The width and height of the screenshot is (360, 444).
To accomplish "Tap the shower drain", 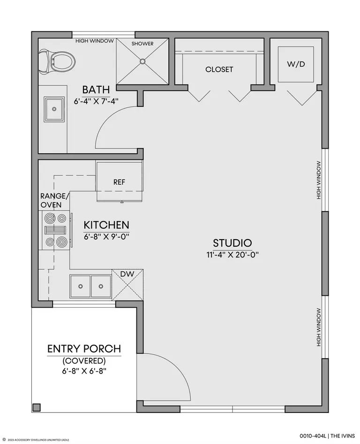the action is coord(142,61).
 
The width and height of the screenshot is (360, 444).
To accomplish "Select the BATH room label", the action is coord(96,90).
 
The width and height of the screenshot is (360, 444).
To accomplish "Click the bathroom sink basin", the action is coord(54,109).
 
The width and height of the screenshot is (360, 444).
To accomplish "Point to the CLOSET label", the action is coord(219,69).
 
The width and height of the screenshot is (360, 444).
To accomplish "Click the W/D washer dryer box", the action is coord(296,64).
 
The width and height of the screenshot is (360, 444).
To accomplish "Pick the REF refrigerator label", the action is coord(119,182).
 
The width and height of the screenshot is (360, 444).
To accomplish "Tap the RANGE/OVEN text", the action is coord(54,200).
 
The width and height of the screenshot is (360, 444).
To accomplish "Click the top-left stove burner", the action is coord(50,218).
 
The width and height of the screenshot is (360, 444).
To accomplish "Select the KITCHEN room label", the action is coord(106,225).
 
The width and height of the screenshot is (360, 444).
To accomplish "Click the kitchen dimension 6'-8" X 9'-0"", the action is coord(106,236).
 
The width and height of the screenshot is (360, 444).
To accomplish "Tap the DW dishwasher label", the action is coord(127,274).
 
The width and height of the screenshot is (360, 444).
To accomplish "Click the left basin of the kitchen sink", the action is coord(80,286).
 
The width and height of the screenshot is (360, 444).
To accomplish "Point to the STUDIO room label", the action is coord(232,243).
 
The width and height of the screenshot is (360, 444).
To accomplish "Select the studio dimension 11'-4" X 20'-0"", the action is coord(232,255).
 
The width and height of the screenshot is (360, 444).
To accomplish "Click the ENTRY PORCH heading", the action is coord(84,348).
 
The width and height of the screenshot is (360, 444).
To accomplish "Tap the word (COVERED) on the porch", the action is coord(84,361).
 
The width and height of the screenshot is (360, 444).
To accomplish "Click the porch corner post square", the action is coord(37,407).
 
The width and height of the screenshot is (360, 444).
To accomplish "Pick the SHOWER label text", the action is coord(142,44).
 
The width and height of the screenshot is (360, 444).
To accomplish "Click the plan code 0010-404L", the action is coord(313,436).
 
